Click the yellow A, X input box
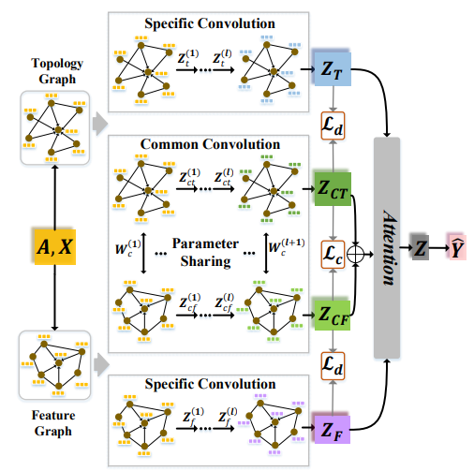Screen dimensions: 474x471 click(x=55, y=247)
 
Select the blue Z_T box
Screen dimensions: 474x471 click(x=333, y=69)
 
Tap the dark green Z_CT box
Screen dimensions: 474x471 click(x=333, y=189)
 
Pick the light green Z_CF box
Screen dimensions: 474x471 click(x=333, y=316)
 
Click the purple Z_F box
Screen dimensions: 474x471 click(x=332, y=430)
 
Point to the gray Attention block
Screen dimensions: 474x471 click(x=387, y=248)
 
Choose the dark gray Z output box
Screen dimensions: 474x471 click(x=421, y=247)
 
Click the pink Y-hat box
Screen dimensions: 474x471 click(x=457, y=247)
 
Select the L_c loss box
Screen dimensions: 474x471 click(x=333, y=255)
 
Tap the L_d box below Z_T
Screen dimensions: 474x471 click(x=333, y=125)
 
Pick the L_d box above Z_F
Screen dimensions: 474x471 click(x=333, y=366)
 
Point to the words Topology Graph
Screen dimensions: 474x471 click(x=57, y=71)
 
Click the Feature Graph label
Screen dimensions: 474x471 click(x=53, y=423)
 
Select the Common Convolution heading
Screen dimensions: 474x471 click(x=210, y=144)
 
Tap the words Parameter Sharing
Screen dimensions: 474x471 click(x=205, y=253)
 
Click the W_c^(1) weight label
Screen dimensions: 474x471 click(x=128, y=247)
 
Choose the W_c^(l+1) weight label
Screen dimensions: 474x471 click(x=287, y=246)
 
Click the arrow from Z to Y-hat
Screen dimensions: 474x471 click(x=438, y=248)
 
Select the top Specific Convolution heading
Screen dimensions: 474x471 click(x=210, y=23)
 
